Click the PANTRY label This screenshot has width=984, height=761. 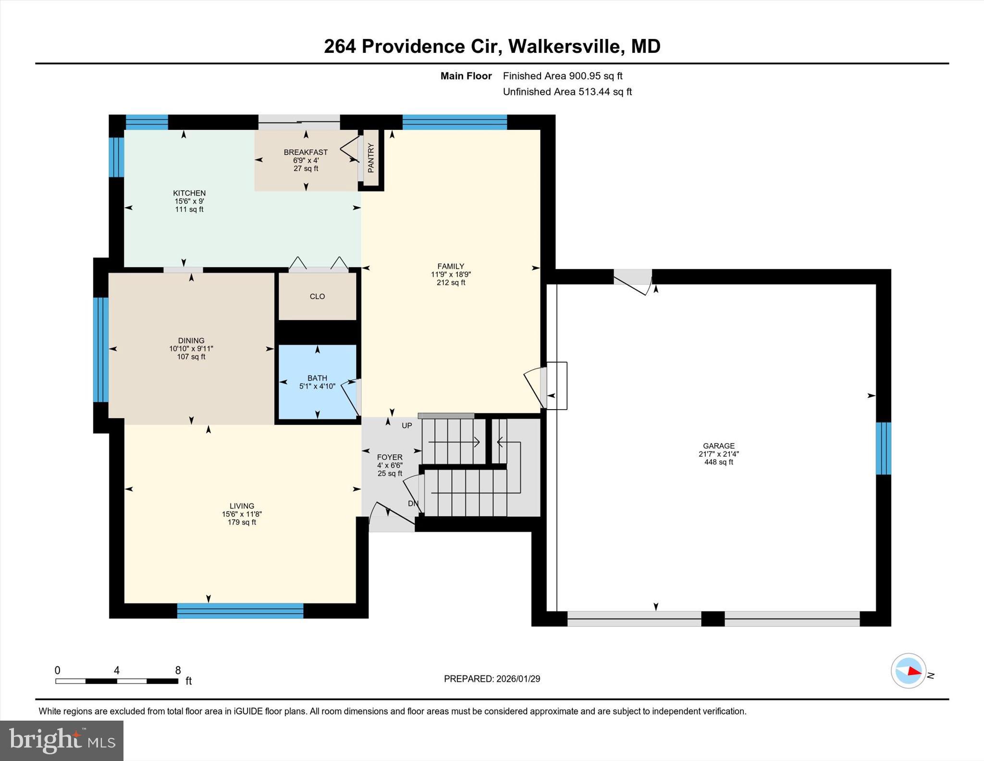(x=370, y=158)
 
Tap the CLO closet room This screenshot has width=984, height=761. (x=317, y=297)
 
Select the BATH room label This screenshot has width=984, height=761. (x=317, y=378)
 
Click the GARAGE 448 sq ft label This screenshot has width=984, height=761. (x=718, y=454)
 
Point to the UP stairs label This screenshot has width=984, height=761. (x=407, y=425)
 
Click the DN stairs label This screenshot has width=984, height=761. (x=413, y=503)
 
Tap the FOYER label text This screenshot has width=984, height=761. (x=389, y=457)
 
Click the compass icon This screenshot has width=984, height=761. (x=908, y=671)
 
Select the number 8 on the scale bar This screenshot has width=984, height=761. (x=178, y=670)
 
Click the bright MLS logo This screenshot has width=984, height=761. (x=61, y=740)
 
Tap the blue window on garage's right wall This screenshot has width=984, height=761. (x=883, y=448)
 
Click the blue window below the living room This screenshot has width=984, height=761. (x=240, y=611)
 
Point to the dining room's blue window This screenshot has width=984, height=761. (x=101, y=349)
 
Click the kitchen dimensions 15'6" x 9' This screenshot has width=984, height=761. (x=189, y=201)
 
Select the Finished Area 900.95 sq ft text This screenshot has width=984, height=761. (x=562, y=76)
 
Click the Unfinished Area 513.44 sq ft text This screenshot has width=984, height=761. (x=567, y=92)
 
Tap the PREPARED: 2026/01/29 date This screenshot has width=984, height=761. (x=492, y=679)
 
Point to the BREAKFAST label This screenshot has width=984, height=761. (x=306, y=152)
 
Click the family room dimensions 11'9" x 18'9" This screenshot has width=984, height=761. (x=451, y=274)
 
